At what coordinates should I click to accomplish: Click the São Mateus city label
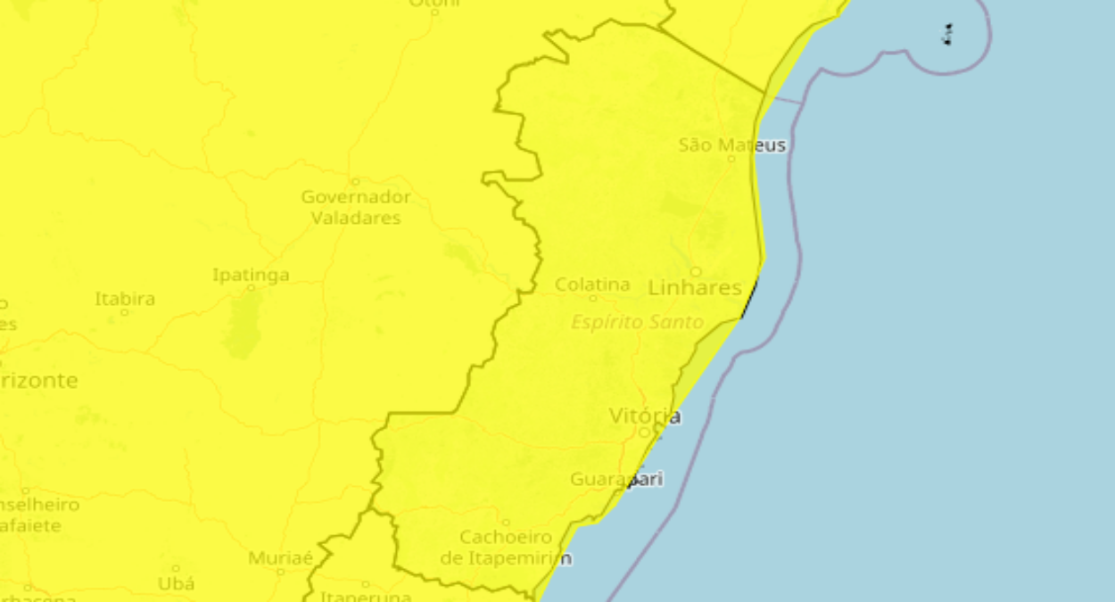coord(732,144)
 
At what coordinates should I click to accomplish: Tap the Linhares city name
coord(695,288)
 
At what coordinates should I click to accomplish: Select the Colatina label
coord(592,285)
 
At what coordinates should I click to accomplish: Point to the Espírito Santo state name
coord(638,322)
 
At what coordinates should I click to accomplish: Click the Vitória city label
coord(645,416)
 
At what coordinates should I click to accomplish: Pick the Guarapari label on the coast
coord(616,480)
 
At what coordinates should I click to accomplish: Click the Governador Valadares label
coord(356,207)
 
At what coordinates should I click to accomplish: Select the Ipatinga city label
coord(251,275)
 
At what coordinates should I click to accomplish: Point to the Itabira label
coord(125,299)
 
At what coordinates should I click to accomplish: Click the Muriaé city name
coord(280,558)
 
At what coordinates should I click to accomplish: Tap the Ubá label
coord(176,583)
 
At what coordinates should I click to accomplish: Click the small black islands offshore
coord(947,35)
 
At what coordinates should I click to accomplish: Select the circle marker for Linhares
coord(696,271)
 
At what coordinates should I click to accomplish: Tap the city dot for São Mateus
coord(731,159)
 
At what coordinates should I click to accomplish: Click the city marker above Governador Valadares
coord(355,182)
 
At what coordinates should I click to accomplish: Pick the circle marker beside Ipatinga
coord(251,288)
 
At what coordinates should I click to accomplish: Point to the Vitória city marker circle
coord(644,433)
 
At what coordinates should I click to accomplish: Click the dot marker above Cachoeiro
coord(506,523)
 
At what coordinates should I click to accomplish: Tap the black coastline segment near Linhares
coord(749,299)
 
